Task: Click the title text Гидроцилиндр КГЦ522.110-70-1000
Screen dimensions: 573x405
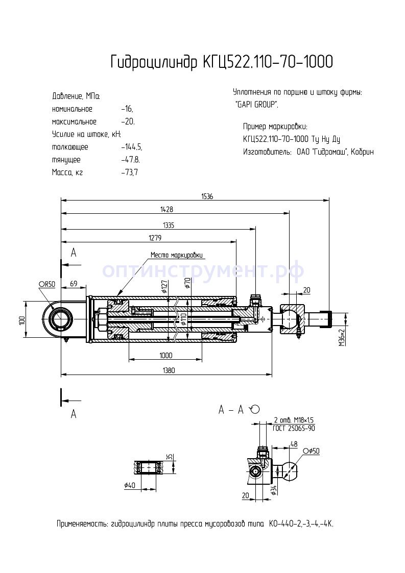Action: pyautogui.click(x=222, y=62)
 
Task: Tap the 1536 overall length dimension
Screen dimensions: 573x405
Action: pyautogui.click(x=207, y=196)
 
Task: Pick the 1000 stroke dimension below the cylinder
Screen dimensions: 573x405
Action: pyautogui.click(x=165, y=355)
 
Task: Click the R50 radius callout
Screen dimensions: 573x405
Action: pyautogui.click(x=46, y=284)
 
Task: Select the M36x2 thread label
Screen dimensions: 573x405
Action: pyautogui.click(x=341, y=338)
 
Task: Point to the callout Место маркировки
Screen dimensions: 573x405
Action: pyautogui.click(x=176, y=255)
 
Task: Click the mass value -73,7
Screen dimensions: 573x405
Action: pyautogui.click(x=130, y=172)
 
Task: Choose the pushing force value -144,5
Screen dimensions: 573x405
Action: pyautogui.click(x=132, y=147)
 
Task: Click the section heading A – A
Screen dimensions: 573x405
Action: pyautogui.click(x=230, y=410)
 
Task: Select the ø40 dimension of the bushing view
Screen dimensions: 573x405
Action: pyautogui.click(x=130, y=485)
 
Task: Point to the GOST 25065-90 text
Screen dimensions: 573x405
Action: pyautogui.click(x=294, y=428)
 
